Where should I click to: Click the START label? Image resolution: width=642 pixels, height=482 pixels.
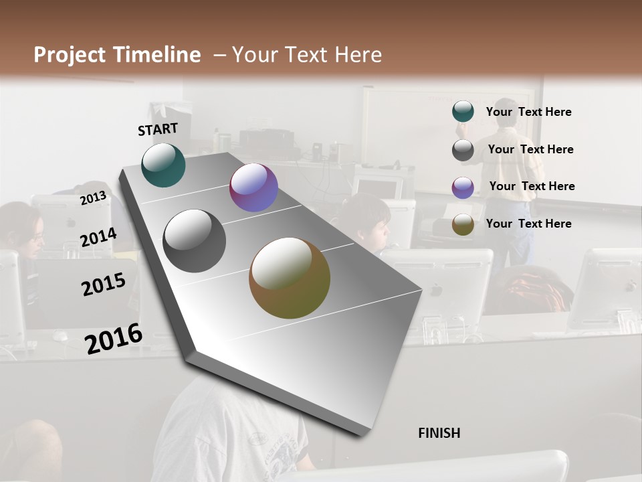click(x=158, y=129)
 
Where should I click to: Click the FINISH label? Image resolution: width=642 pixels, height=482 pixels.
click(x=439, y=433)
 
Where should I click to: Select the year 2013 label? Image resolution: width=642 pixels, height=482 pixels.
click(x=93, y=198)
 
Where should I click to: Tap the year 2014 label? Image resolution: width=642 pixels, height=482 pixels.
click(x=98, y=238)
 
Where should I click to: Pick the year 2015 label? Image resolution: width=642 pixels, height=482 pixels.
click(x=104, y=285)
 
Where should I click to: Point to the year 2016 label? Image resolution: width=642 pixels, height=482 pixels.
click(x=114, y=339)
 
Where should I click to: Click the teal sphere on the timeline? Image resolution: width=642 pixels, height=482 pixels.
click(x=163, y=165)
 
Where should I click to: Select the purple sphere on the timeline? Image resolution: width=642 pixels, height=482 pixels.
click(x=253, y=188)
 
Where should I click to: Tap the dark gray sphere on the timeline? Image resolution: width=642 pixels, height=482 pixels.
click(x=195, y=241)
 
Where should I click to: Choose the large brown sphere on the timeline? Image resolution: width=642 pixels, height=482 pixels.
click(x=290, y=278)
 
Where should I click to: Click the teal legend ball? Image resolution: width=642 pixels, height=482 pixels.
click(x=463, y=112)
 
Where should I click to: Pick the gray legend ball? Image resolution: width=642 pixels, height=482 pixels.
click(x=463, y=150)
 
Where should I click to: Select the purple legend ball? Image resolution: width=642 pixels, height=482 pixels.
click(x=463, y=187)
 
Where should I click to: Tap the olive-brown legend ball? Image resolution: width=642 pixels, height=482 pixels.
click(x=463, y=224)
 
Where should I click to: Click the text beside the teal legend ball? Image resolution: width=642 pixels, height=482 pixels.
click(x=528, y=112)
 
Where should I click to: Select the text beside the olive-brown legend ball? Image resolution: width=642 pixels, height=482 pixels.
click(x=528, y=224)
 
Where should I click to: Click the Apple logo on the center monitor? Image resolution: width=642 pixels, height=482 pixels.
click(x=435, y=291)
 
